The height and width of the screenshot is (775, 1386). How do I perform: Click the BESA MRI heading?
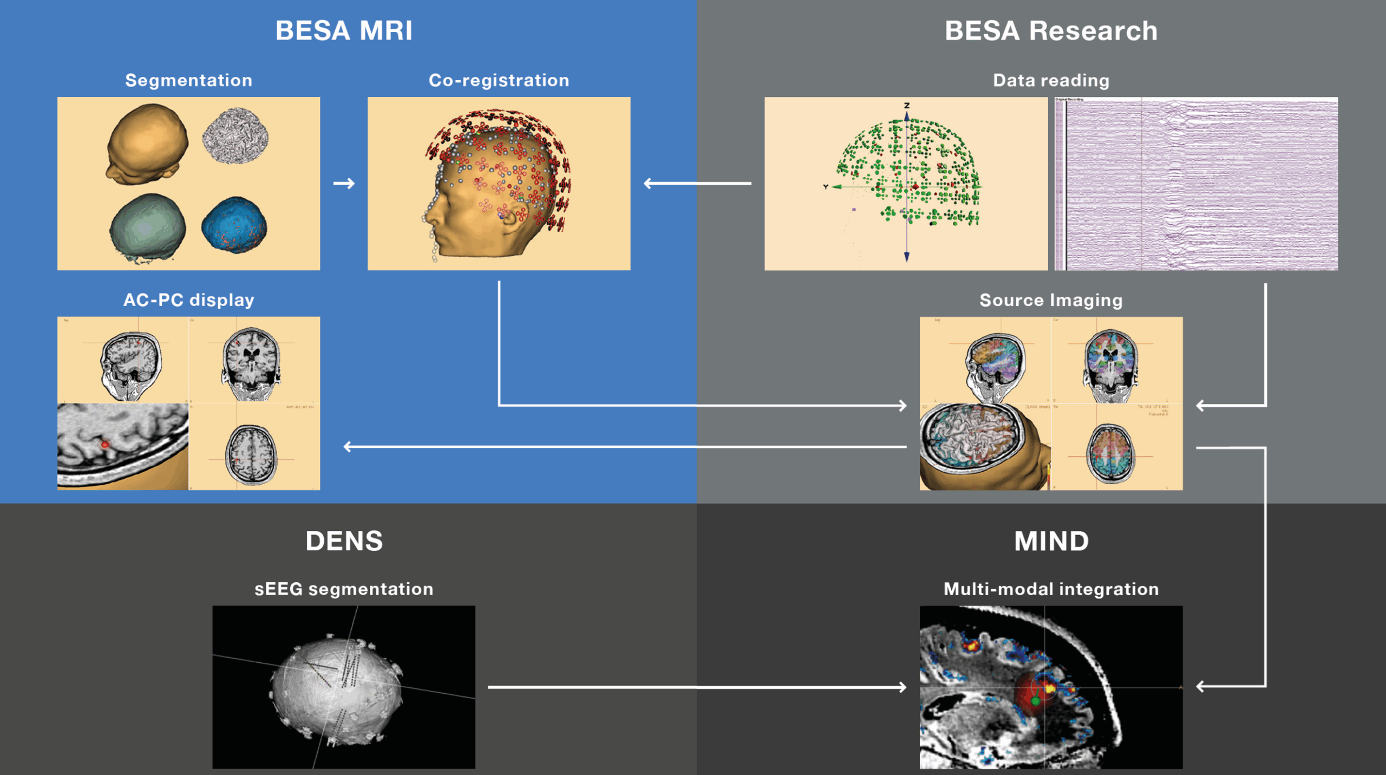[x=344, y=30]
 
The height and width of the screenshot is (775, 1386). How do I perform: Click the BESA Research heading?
[x=1051, y=30]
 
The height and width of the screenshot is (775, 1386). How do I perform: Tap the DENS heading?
[x=344, y=540]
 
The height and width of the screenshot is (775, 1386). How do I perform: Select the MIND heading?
[x=1051, y=540]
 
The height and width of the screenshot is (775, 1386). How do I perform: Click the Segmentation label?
[x=188, y=80]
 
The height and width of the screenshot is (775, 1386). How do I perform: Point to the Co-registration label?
[x=499, y=80]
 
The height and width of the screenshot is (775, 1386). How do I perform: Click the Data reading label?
[x=1051, y=80]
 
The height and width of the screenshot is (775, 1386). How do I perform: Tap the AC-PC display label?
[x=188, y=299]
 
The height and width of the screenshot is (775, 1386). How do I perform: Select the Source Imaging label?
[x=1051, y=299]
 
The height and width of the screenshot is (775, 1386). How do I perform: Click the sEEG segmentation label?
[x=344, y=589]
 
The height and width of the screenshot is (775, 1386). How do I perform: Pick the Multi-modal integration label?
[x=1051, y=589]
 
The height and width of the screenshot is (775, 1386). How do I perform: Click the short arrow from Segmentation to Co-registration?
[x=344, y=184]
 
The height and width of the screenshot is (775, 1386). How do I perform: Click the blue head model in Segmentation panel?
[x=234, y=225]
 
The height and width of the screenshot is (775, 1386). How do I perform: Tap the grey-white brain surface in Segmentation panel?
[x=235, y=135]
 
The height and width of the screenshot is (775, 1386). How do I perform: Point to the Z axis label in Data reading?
[x=906, y=106]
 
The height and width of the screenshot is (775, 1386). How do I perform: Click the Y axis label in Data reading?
[x=826, y=187]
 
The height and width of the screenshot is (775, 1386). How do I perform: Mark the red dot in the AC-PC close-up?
[x=105, y=445]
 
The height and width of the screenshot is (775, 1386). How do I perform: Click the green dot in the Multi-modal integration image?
[x=1035, y=701]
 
